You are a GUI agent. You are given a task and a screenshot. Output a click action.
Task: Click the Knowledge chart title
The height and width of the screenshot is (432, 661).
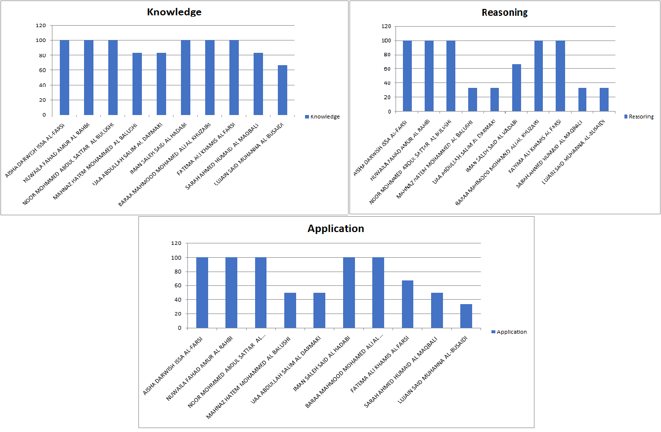pyautogui.click(x=174, y=12)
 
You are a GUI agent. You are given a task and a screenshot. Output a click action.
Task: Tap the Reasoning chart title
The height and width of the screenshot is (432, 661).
pyautogui.click(x=504, y=12)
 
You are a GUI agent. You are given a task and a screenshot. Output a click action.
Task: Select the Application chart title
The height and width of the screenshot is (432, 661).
pyautogui.click(x=336, y=229)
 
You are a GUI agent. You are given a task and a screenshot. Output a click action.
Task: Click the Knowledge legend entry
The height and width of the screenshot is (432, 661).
pyautogui.click(x=322, y=117)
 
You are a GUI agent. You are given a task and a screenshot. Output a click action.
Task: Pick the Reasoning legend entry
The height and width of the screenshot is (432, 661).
pyautogui.click(x=639, y=117)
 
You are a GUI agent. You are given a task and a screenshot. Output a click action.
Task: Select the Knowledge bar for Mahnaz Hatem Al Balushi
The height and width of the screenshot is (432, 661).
pyautogui.click(x=137, y=84)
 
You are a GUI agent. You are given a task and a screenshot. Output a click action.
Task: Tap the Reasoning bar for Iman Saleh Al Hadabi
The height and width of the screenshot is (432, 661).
pyautogui.click(x=516, y=88)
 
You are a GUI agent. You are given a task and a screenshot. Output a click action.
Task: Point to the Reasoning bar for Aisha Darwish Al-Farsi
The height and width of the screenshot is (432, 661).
pyautogui.click(x=407, y=76)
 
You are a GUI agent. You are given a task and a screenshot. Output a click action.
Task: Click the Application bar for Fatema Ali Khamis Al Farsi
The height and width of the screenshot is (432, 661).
pyautogui.click(x=407, y=304)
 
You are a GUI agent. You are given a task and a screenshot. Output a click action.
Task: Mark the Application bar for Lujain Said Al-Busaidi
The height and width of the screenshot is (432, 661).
pyautogui.click(x=466, y=316)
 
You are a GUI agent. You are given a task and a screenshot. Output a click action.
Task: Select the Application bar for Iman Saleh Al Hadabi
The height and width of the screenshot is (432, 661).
pyautogui.click(x=349, y=292)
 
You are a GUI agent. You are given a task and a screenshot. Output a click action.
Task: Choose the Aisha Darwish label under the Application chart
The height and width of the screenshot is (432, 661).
pyautogui.click(x=173, y=365)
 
